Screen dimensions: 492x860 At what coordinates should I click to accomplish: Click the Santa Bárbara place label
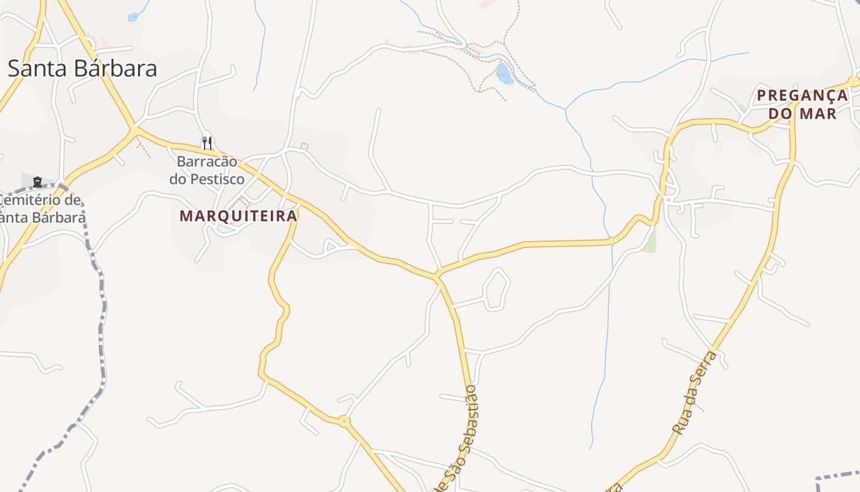click(x=82, y=68)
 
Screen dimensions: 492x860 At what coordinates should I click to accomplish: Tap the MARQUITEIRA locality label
click(x=238, y=216)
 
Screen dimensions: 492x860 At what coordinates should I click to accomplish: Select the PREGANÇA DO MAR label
click(x=802, y=104)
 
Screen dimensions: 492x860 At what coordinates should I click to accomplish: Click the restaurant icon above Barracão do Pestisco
click(x=207, y=143)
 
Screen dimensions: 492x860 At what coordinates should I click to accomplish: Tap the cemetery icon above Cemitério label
click(x=37, y=181)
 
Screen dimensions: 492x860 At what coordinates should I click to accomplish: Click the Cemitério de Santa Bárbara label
click(x=42, y=208)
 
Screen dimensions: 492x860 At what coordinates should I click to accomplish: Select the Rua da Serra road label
click(x=695, y=394)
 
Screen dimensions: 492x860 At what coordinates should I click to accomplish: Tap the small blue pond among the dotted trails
click(x=504, y=74)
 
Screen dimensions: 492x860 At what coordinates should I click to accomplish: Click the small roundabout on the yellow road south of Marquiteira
click(x=344, y=421)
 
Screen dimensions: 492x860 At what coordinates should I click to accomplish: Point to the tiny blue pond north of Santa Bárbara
click(x=133, y=17)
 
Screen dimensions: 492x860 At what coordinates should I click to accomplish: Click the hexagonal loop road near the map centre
click(x=497, y=288)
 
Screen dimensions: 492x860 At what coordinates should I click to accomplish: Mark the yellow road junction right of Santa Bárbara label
click(x=134, y=129)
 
